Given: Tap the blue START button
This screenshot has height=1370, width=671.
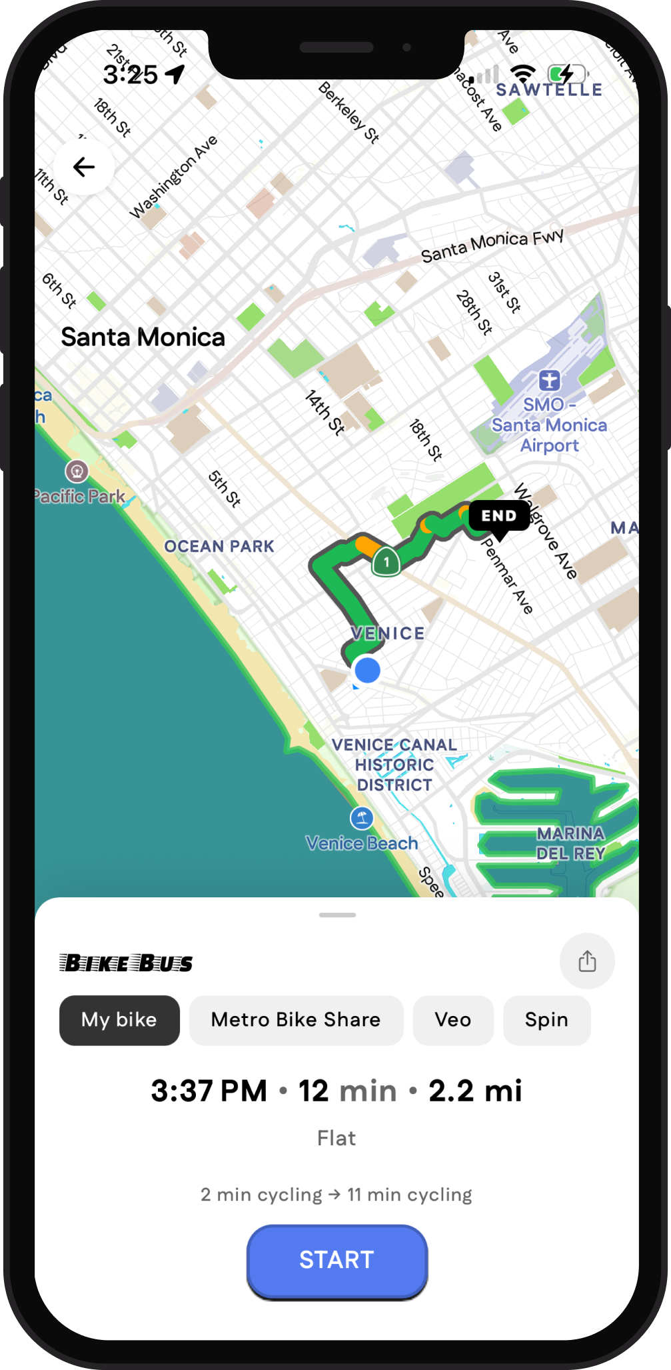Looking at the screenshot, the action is pyautogui.click(x=336, y=1260).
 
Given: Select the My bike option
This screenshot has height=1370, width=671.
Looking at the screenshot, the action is pyautogui.click(x=119, y=1020).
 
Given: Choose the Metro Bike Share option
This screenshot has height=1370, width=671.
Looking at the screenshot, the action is pyautogui.click(x=296, y=1020).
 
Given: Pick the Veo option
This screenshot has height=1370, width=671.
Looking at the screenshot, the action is pyautogui.click(x=453, y=1020).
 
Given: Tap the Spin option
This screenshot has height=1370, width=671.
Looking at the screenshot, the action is pyautogui.click(x=546, y=1020).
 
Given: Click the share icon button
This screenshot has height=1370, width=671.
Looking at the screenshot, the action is pyautogui.click(x=587, y=961).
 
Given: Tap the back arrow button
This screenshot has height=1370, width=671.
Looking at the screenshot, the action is pyautogui.click(x=84, y=167).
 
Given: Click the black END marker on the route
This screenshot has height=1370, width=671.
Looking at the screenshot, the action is pyautogui.click(x=499, y=516).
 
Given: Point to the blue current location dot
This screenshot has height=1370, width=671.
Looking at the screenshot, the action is pyautogui.click(x=367, y=670).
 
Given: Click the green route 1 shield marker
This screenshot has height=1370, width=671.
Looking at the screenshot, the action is pyautogui.click(x=386, y=562).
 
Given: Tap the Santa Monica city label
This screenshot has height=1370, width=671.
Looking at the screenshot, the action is pyautogui.click(x=143, y=337).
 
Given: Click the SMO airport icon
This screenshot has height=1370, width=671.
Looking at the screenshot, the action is pyautogui.click(x=550, y=381).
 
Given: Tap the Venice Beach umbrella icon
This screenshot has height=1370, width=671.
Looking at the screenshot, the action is pyautogui.click(x=362, y=817).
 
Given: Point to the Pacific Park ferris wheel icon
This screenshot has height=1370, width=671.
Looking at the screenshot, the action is pyautogui.click(x=77, y=471).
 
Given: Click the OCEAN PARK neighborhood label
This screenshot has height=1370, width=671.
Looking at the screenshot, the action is pyautogui.click(x=219, y=547).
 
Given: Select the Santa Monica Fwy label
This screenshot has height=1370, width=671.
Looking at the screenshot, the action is pyautogui.click(x=492, y=245).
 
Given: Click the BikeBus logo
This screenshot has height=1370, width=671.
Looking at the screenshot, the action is pyautogui.click(x=126, y=963).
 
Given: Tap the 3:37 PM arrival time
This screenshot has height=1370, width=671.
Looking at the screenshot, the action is pyautogui.click(x=209, y=1091).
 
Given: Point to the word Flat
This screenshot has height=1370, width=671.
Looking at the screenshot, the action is pyautogui.click(x=336, y=1138).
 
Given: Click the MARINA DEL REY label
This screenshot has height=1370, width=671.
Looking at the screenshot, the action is pyautogui.click(x=570, y=843).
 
